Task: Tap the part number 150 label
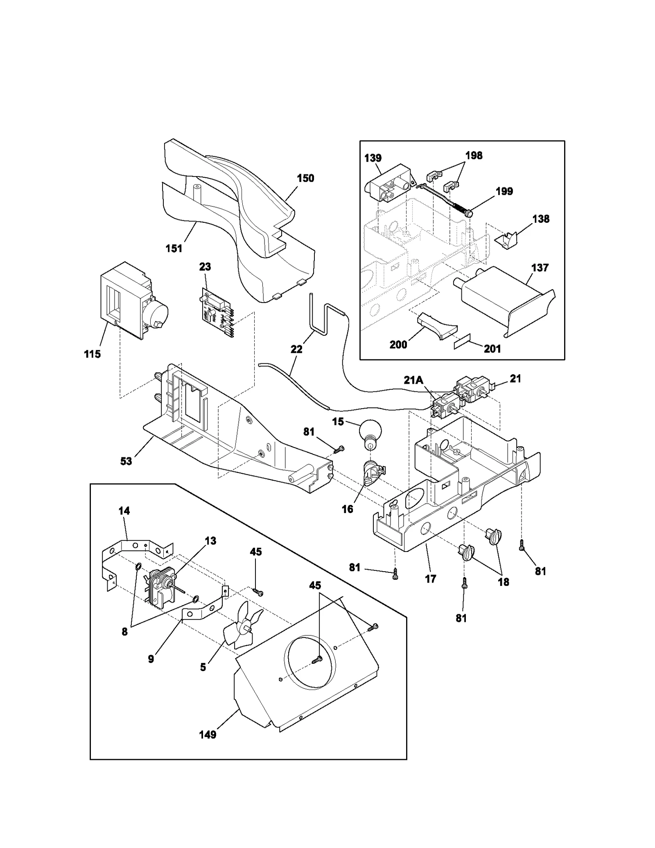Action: tap(305, 178)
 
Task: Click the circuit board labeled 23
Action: tap(216, 312)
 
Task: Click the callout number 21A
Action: tap(413, 380)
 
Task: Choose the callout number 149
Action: tap(208, 735)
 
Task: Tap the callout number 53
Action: tap(126, 461)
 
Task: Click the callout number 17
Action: tap(431, 579)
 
